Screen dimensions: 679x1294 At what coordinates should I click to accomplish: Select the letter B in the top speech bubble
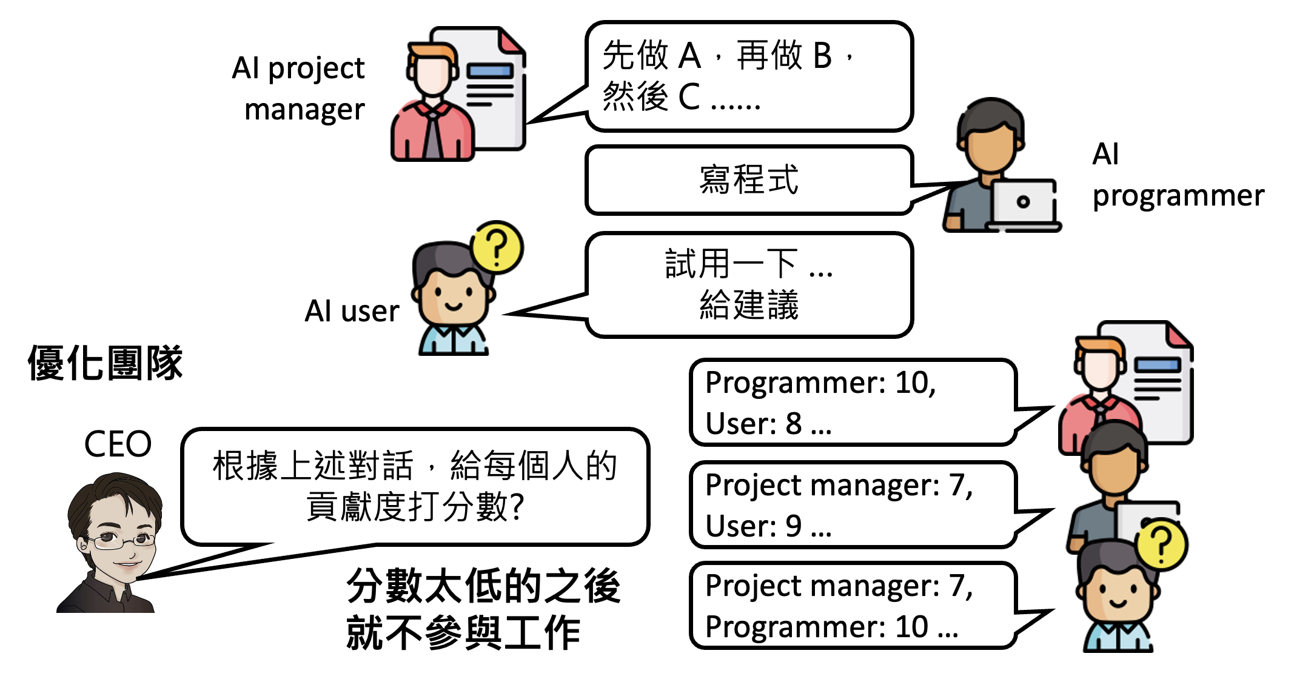coord(822,56)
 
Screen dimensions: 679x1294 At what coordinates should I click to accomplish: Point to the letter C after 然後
coord(689,97)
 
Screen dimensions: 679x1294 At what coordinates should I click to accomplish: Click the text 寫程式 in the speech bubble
coord(749,180)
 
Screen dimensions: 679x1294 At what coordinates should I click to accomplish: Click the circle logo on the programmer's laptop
coord(1023,202)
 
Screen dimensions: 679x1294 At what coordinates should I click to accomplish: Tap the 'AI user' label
coord(352,312)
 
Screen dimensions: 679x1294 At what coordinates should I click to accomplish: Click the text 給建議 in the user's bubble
coord(749,305)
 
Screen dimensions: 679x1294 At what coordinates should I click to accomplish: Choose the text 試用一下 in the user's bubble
coord(731,264)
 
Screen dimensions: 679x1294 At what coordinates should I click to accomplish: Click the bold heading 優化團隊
coord(105,364)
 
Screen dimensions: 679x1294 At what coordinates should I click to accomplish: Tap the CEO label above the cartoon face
coord(118,444)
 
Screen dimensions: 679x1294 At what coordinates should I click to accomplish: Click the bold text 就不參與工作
coord(463,633)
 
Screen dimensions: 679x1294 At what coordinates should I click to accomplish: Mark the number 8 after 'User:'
coord(793,424)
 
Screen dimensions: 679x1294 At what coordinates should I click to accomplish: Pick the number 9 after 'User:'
coord(793,526)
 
